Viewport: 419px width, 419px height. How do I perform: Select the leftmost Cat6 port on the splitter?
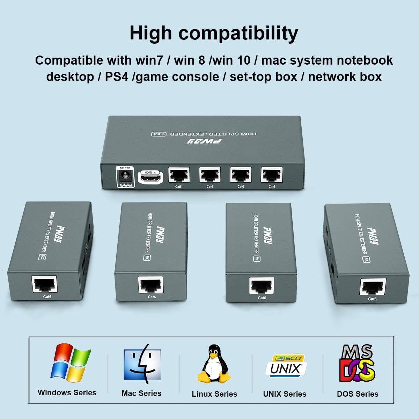(179, 175)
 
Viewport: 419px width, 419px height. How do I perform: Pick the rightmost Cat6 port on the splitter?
(272, 175)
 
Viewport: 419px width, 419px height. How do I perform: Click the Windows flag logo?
(71, 363)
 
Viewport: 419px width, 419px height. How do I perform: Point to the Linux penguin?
(214, 364)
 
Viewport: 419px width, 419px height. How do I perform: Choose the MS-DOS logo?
(357, 363)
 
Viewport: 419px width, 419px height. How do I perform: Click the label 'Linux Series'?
(214, 394)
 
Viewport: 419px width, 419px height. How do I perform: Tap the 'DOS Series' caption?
(358, 394)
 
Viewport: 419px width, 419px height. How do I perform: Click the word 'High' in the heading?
(151, 33)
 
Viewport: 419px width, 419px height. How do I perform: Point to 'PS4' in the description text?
(117, 77)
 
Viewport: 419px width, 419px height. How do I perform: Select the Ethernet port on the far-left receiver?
(45, 284)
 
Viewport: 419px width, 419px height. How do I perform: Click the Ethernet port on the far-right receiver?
(373, 287)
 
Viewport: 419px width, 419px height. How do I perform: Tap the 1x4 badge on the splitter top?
(159, 134)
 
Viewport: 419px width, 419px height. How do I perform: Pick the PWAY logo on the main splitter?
(204, 141)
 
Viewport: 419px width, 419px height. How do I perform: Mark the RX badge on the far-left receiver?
(42, 257)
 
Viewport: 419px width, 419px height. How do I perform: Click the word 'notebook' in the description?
(365, 60)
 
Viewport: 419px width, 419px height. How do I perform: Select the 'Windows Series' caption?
(67, 392)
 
